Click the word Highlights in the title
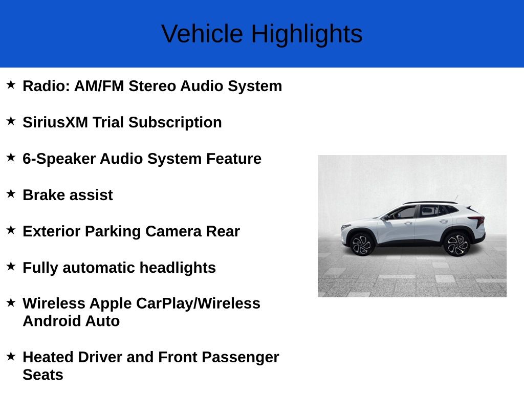point(307,34)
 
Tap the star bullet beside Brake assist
point(11,193)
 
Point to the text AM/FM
point(99,86)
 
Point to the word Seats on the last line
point(43,375)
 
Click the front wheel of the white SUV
point(362,244)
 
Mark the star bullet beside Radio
point(11,84)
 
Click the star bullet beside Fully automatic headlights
point(11,266)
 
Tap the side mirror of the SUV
point(386,216)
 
